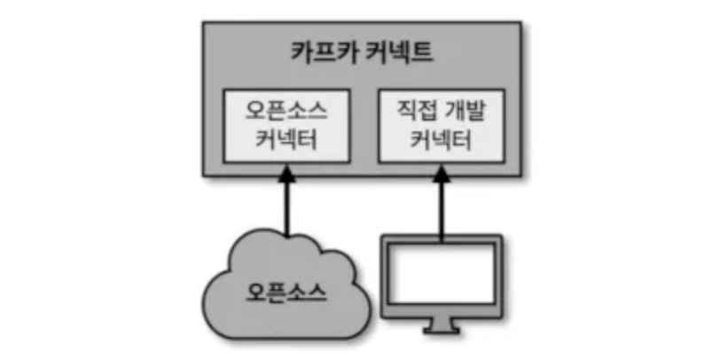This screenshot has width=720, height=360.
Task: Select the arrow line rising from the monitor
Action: pyautogui.click(x=441, y=208)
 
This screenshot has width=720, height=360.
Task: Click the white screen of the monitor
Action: pyautogui.click(x=441, y=274)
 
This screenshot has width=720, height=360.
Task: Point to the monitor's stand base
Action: pyautogui.click(x=441, y=330)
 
